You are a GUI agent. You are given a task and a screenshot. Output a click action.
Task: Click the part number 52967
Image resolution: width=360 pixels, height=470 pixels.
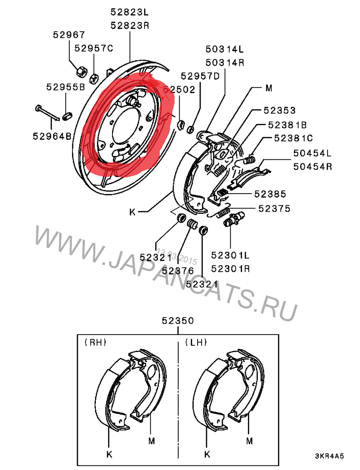(x=69, y=35)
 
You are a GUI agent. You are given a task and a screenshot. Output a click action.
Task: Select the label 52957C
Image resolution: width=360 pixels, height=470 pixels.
(x=94, y=48)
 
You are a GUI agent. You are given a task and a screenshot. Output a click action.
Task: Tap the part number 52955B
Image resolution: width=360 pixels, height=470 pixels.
(x=66, y=87)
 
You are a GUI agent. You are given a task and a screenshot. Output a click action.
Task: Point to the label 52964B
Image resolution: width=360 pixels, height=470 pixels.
(x=52, y=136)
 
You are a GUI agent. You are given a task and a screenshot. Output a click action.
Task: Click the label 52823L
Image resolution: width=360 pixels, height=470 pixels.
(x=130, y=12)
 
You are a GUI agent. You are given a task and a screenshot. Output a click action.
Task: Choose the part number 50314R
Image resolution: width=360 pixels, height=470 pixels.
(x=225, y=63)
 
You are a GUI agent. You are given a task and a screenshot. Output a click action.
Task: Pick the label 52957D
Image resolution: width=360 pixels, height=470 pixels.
(x=200, y=76)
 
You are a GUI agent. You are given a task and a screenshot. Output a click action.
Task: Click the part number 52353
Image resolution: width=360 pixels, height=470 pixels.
(x=279, y=110)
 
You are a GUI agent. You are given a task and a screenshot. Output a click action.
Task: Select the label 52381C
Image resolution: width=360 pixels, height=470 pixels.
(x=293, y=138)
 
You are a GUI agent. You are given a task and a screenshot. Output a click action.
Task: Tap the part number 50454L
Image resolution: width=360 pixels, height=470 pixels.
(x=312, y=153)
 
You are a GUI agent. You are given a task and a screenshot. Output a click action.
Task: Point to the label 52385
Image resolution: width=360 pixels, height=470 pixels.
(x=270, y=194)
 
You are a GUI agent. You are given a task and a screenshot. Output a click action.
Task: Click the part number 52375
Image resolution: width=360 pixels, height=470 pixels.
(x=274, y=208)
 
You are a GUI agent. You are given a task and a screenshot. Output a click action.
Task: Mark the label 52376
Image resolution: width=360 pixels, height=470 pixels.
(x=178, y=271)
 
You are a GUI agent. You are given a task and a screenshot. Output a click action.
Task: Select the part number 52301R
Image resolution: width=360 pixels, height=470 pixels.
(x=230, y=269)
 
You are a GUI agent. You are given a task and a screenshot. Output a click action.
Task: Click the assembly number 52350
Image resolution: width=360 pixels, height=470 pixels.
(x=178, y=321)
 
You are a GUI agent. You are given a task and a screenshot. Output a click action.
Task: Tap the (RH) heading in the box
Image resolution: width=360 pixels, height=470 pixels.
(x=95, y=342)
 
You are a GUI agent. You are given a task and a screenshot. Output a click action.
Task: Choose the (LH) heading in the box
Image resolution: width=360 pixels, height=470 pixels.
(x=196, y=342)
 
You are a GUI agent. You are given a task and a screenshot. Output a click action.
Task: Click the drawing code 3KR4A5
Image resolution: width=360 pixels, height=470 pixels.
(x=329, y=456)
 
